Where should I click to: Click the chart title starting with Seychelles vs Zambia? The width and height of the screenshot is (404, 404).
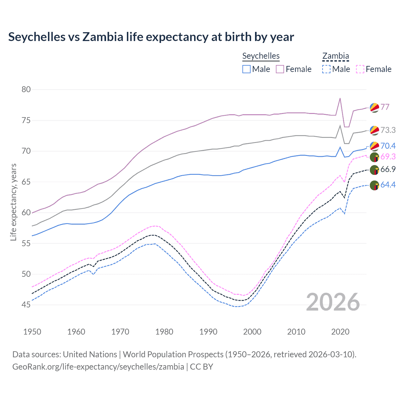(151, 37)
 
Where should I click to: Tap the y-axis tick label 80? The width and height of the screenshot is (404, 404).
(26, 89)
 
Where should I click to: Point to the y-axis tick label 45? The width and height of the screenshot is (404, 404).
(26, 305)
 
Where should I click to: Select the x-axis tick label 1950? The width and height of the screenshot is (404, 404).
(32, 332)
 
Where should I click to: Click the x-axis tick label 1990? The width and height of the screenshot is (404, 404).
(208, 332)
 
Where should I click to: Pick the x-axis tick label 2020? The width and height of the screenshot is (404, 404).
(340, 332)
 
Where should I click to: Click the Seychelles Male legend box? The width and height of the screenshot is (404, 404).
(247, 69)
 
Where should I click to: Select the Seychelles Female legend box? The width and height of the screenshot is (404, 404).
(280, 69)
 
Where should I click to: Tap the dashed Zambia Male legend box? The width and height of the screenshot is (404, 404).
(326, 69)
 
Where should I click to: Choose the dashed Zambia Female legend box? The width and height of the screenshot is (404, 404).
(360, 69)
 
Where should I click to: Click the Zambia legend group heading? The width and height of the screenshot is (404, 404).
(336, 56)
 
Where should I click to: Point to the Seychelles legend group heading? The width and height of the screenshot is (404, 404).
(261, 56)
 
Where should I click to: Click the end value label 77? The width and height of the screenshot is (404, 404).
(385, 107)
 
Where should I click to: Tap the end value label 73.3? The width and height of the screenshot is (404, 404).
(388, 130)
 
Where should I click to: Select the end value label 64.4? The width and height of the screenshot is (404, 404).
(388, 185)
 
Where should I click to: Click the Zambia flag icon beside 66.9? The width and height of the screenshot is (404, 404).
(374, 170)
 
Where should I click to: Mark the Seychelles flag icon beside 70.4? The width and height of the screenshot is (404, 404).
(374, 146)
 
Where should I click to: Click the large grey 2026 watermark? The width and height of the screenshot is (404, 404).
(333, 302)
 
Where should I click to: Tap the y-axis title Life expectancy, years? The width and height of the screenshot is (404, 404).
(13, 202)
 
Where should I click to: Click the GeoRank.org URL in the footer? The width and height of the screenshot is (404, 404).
(98, 366)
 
